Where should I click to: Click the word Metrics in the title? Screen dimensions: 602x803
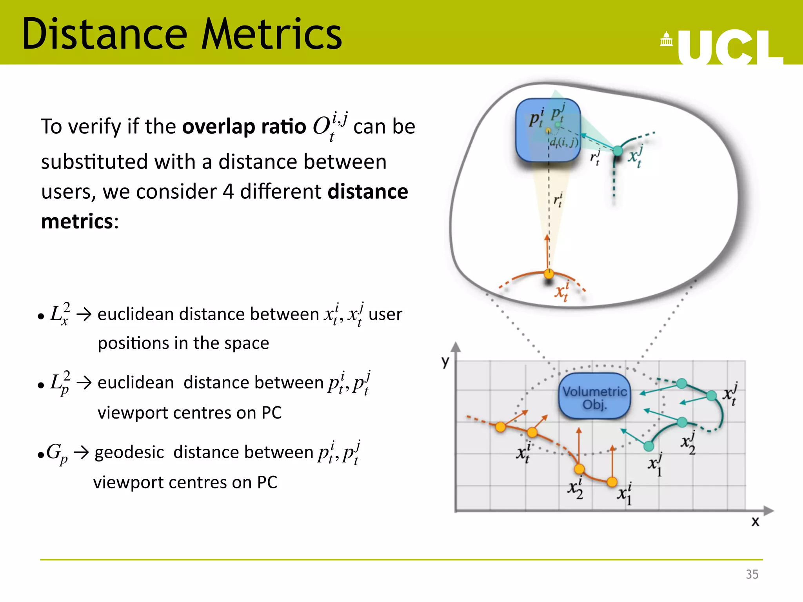[271, 34]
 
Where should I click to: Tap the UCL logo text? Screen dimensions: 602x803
[729, 47]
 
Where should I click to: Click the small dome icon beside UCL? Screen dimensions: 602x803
[666, 39]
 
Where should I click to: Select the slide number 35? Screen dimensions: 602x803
[752, 574]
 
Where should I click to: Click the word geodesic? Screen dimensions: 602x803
[129, 452]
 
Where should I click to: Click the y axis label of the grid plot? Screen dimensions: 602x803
[445, 361]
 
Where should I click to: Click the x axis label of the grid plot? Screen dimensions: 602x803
[755, 521]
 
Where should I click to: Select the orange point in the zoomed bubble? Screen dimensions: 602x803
[549, 274]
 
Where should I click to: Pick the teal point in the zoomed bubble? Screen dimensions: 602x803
[618, 150]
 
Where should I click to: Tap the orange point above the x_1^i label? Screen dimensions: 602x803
[612, 482]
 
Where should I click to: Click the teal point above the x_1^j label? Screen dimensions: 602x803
[649, 446]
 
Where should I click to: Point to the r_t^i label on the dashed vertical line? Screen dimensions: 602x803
[558, 200]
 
